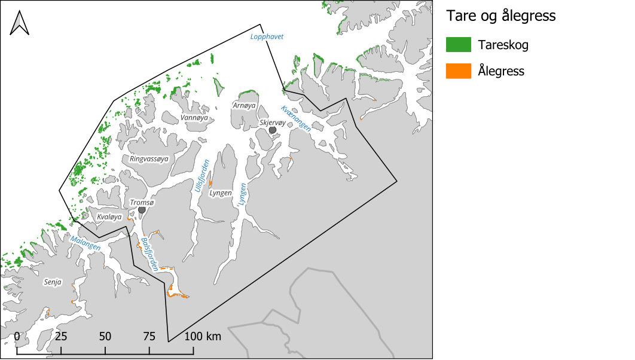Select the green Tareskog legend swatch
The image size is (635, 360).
[458, 44]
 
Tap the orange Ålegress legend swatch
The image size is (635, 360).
[458, 71]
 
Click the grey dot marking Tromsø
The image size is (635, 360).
[142, 210]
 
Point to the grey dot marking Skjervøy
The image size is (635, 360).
[273, 130]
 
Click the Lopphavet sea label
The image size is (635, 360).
[266, 37]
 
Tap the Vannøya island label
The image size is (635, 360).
[194, 118]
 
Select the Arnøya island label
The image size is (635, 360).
[244, 105]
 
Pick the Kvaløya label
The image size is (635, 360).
[109, 216]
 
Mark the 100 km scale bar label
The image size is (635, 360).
[203, 336]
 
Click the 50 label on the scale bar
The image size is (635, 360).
[105, 336]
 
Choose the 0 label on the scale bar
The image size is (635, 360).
[17, 336]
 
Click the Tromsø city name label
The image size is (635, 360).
[142, 203]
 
